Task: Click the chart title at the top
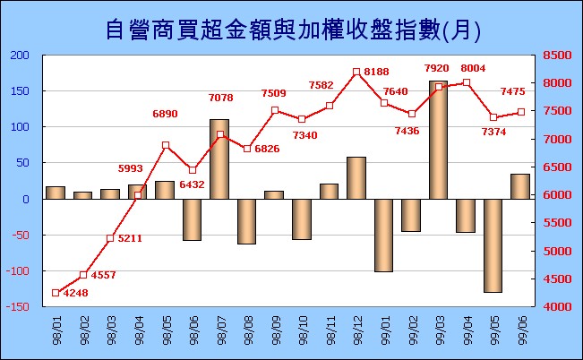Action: click(x=293, y=30)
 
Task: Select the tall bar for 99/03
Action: click(x=438, y=140)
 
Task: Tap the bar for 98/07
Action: click(x=219, y=159)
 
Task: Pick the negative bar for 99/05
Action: click(x=493, y=246)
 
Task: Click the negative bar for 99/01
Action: click(x=383, y=236)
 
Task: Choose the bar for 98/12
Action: click(x=356, y=178)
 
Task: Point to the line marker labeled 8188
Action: click(x=356, y=72)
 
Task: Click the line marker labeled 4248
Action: click(x=56, y=293)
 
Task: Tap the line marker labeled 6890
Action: click(x=166, y=145)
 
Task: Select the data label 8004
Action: click(x=473, y=68)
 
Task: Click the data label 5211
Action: click(x=130, y=238)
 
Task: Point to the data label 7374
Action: click(x=493, y=132)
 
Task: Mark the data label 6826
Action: click(x=267, y=149)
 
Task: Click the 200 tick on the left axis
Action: click(x=20, y=56)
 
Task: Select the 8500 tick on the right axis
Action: click(x=557, y=55)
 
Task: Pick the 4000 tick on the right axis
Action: click(x=557, y=307)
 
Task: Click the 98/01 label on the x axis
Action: click(x=57, y=330)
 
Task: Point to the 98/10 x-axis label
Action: click(x=303, y=330)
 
